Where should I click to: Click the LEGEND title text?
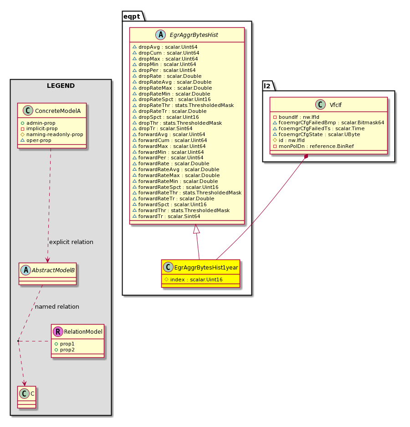pos(61,86)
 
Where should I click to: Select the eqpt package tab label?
pos(132,16)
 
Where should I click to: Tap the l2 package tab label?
pos(267,86)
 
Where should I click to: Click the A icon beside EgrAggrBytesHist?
pos(160,35)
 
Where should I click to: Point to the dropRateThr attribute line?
pos(183,105)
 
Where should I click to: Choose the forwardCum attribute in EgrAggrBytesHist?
pos(169,140)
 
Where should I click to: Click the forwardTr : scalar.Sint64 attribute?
pos(166,216)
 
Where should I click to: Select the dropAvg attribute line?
pos(164,47)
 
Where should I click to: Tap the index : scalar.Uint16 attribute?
pos(194,280)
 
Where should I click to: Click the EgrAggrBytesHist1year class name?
pos(206,267)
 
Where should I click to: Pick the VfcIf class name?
pos(335,105)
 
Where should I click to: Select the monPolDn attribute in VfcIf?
pos(313,146)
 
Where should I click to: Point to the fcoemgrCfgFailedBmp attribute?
pos(328,122)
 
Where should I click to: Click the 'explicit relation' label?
pos(71,242)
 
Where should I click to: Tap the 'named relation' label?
pos(57,307)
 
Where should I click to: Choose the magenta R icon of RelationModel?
pos(58,332)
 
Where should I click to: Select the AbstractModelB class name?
pos(53,270)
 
